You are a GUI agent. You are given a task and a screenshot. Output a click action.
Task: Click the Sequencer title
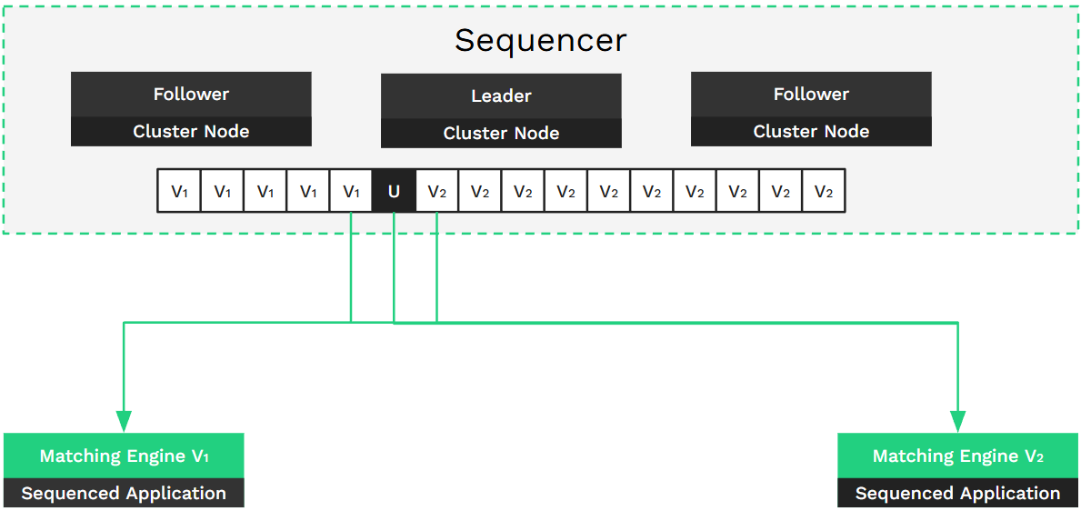pyautogui.click(x=540, y=41)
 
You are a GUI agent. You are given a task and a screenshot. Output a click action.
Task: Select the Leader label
pyautogui.click(x=501, y=95)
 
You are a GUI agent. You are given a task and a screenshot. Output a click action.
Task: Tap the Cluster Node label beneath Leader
pyautogui.click(x=501, y=133)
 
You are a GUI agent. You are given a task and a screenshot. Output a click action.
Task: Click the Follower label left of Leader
pyautogui.click(x=191, y=94)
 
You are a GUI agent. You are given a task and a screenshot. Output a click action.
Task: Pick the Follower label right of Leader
pyautogui.click(x=811, y=94)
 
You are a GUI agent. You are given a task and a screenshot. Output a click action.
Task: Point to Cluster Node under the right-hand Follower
pyautogui.click(x=811, y=131)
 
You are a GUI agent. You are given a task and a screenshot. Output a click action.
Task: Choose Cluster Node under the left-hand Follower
pyautogui.click(x=191, y=131)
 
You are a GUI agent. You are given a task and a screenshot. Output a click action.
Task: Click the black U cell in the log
pyautogui.click(x=394, y=191)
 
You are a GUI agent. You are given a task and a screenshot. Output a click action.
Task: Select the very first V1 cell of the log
pyautogui.click(x=179, y=191)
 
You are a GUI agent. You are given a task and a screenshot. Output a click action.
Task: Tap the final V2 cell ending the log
pyautogui.click(x=823, y=191)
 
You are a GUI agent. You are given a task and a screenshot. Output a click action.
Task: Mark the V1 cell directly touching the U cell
pyautogui.click(x=351, y=191)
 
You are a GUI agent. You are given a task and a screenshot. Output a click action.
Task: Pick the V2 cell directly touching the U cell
pyautogui.click(x=436, y=191)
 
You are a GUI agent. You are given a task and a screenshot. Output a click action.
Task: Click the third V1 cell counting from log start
pyautogui.click(x=265, y=191)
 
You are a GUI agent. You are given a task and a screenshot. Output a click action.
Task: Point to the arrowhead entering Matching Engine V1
pyautogui.click(x=124, y=421)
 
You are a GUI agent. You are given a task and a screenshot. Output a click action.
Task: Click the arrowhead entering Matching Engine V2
pyautogui.click(x=957, y=421)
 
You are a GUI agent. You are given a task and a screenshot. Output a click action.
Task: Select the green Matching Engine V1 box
pyautogui.click(x=124, y=456)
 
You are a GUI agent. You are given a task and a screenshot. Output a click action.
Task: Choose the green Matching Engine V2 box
pyautogui.click(x=957, y=456)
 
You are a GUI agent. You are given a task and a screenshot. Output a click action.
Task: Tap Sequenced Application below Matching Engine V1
pyautogui.click(x=124, y=494)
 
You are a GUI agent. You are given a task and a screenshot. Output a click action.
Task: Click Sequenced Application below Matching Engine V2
pyautogui.click(x=957, y=494)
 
